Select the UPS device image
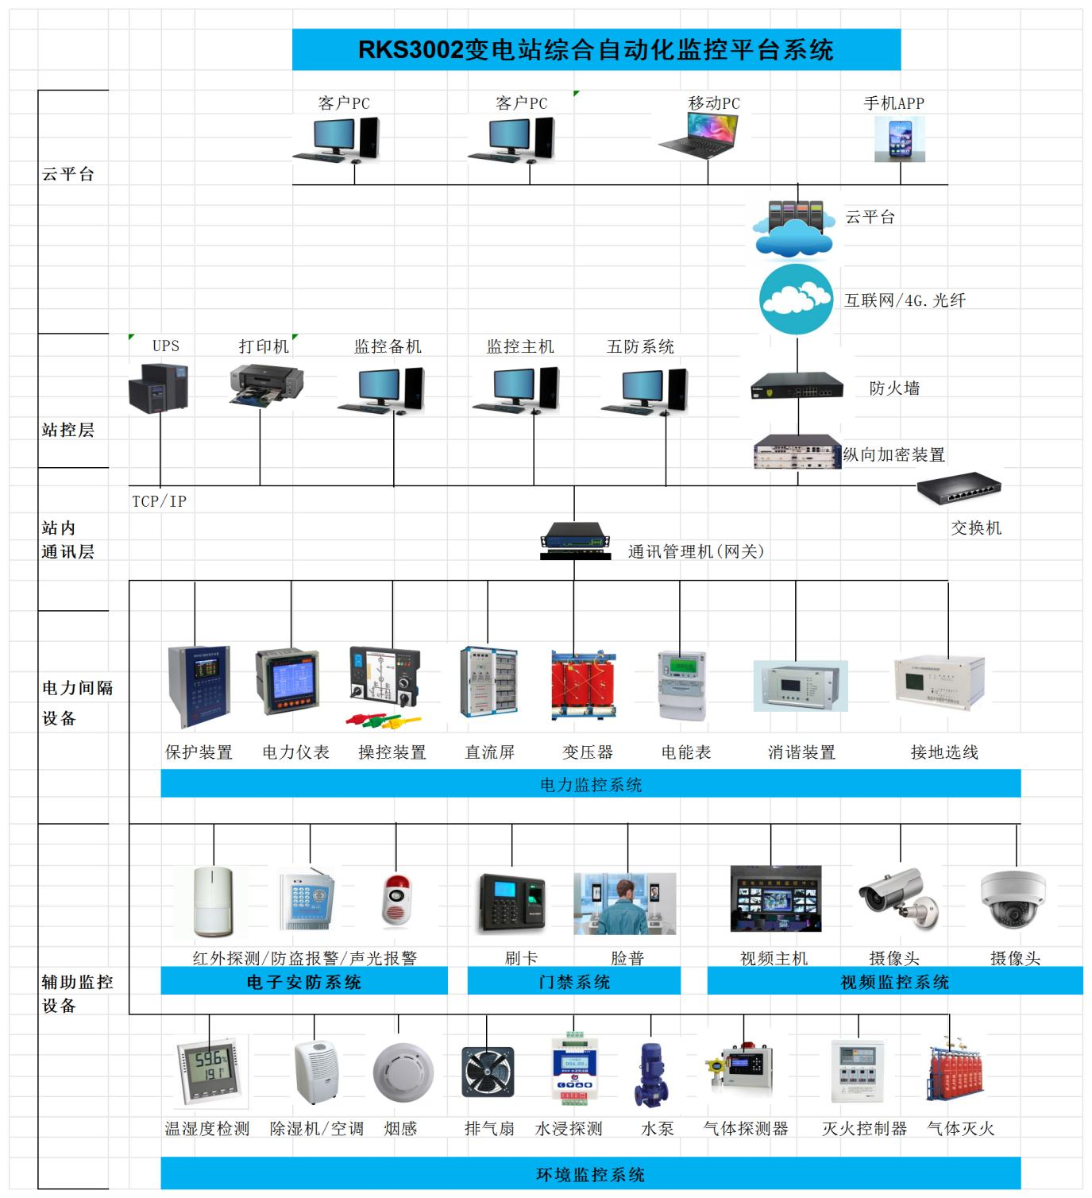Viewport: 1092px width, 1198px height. (159, 386)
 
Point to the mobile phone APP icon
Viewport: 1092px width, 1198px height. (900, 139)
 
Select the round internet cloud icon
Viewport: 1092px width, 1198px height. (796, 299)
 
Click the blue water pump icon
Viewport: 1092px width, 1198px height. (650, 1074)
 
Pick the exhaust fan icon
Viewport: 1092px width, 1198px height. (488, 1072)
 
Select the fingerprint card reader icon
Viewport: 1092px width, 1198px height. (512, 902)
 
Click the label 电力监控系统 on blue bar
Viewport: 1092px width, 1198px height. (591, 785)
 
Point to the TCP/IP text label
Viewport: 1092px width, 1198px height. (159, 501)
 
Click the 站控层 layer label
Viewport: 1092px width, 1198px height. (68, 430)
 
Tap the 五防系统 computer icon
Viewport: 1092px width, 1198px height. (643, 390)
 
